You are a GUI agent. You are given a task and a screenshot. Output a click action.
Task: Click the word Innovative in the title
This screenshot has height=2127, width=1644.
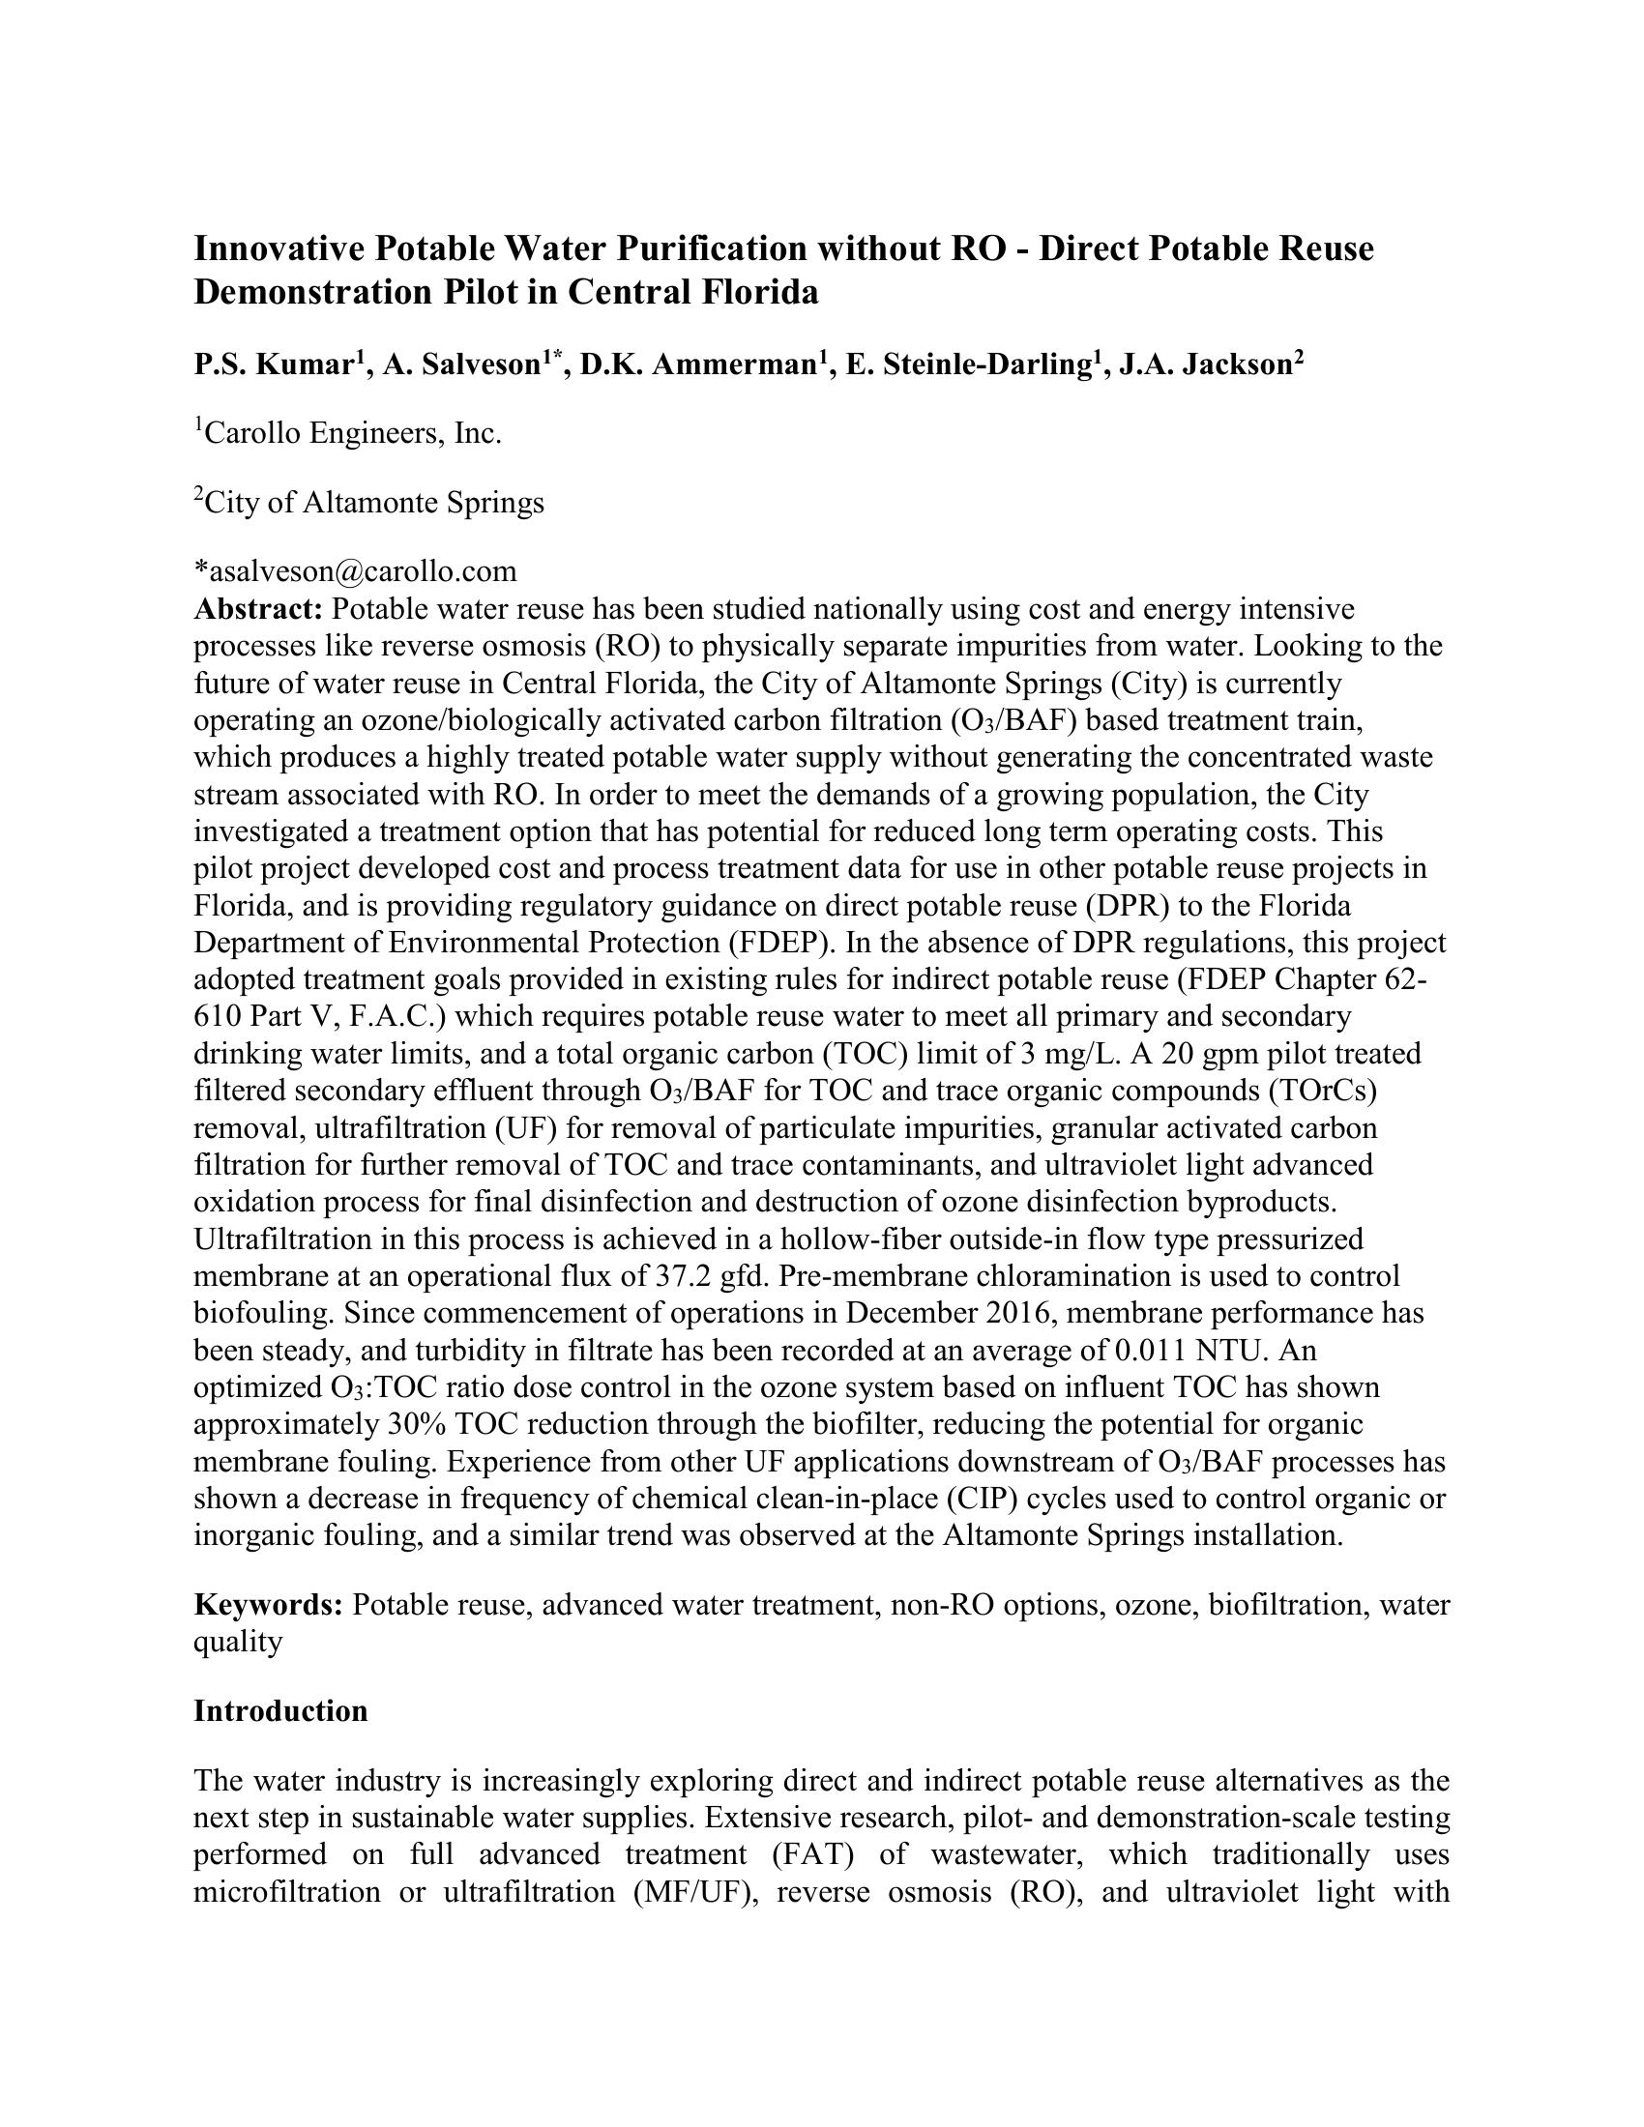[x=279, y=249]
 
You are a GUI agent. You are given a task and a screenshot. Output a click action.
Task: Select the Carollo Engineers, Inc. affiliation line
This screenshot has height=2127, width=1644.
[x=348, y=433]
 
